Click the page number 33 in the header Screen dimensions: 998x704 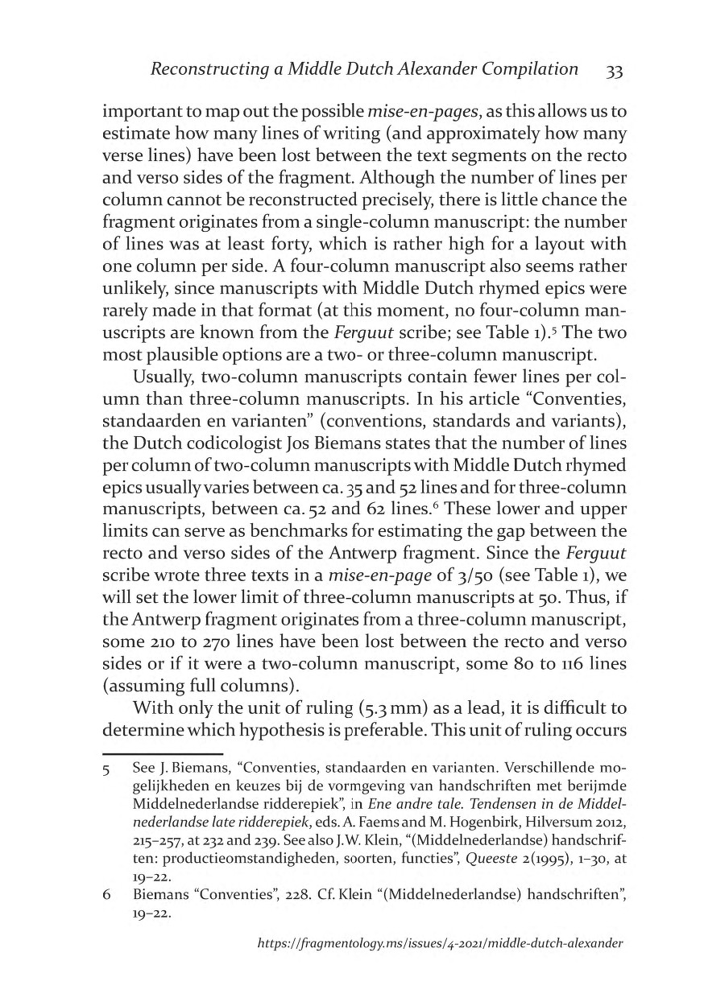click(x=614, y=72)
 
